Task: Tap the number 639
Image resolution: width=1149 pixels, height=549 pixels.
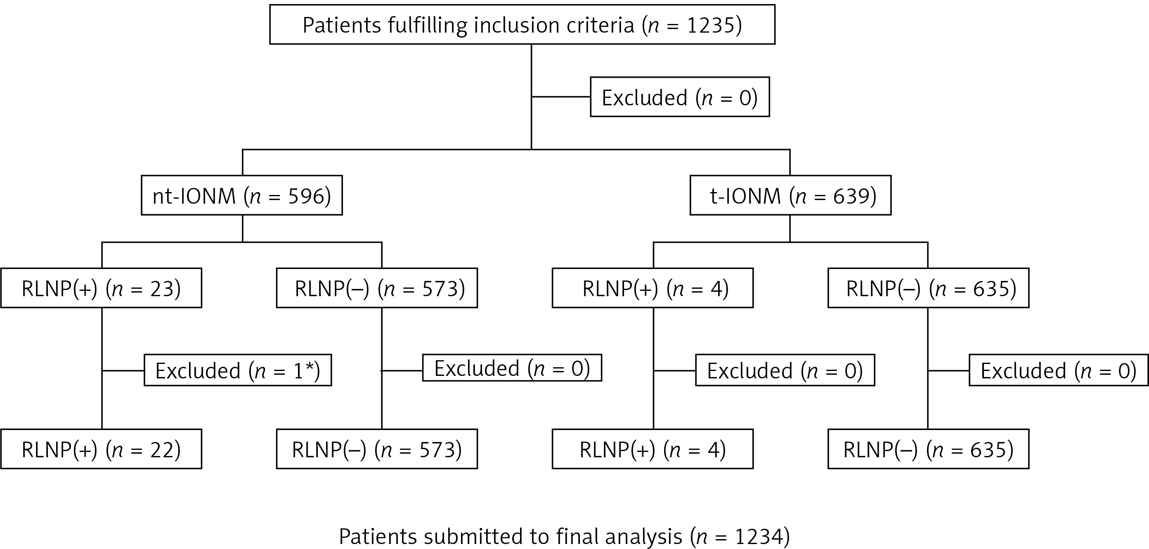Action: pos(852,196)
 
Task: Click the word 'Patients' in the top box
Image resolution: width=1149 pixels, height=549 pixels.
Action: pos(342,25)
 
